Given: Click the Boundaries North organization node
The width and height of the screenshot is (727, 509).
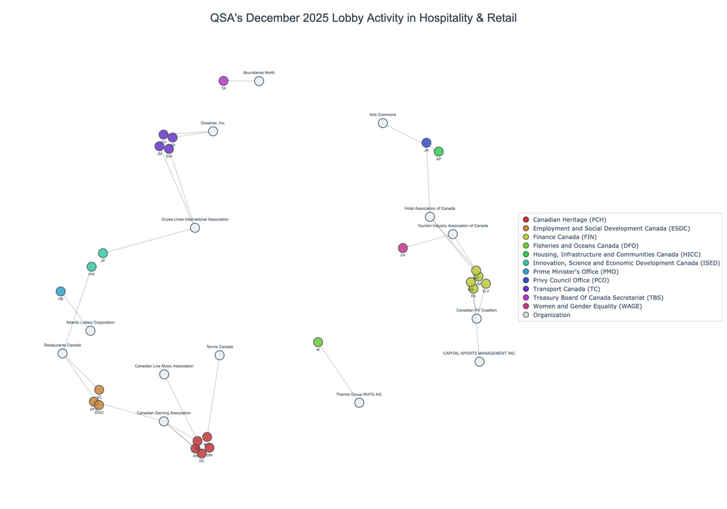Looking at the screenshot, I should [x=259, y=81].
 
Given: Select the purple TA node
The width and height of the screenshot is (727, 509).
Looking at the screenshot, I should [x=224, y=81].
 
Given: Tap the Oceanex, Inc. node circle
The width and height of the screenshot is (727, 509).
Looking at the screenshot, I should [x=213, y=131].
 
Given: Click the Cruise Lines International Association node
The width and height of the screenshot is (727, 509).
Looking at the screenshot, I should [x=195, y=228].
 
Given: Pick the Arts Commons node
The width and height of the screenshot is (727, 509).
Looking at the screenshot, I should [x=383, y=123].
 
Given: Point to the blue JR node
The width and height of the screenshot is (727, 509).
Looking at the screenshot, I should [x=427, y=143].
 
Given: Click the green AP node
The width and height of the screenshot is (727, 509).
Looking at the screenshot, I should [x=439, y=151].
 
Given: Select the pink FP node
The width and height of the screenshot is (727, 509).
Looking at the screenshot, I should [x=403, y=248].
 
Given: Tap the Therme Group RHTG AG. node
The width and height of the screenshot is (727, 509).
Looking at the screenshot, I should [x=359, y=402].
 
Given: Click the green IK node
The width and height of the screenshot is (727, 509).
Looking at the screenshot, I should [x=318, y=342].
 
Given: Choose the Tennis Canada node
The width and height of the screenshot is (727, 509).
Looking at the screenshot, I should [x=219, y=355].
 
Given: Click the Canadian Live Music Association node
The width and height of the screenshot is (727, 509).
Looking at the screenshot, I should [x=164, y=374].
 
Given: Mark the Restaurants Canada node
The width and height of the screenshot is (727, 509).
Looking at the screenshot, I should [x=62, y=353].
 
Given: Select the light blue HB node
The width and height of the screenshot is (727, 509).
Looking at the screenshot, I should [x=61, y=291].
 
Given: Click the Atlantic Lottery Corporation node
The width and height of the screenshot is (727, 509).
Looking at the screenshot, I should [x=90, y=331].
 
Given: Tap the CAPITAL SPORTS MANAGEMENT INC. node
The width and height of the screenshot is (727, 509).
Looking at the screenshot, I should [x=479, y=362].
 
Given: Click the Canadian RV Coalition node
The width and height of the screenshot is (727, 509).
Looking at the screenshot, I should [x=477, y=319].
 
